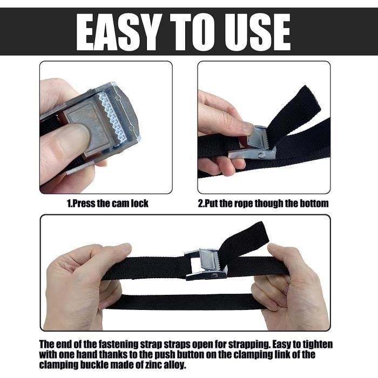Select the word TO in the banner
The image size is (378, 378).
tap(193, 32)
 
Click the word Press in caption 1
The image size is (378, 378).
tap(83, 204)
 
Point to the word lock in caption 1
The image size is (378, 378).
tap(139, 204)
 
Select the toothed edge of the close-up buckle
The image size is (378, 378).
tap(112, 117)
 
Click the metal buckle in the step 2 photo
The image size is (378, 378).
tap(253, 144)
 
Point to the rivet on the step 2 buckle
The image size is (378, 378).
tap(261, 156)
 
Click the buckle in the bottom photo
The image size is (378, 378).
tap(206, 265)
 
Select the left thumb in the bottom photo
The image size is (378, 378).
tap(113, 251)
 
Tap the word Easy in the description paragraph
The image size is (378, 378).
tap(281, 345)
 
